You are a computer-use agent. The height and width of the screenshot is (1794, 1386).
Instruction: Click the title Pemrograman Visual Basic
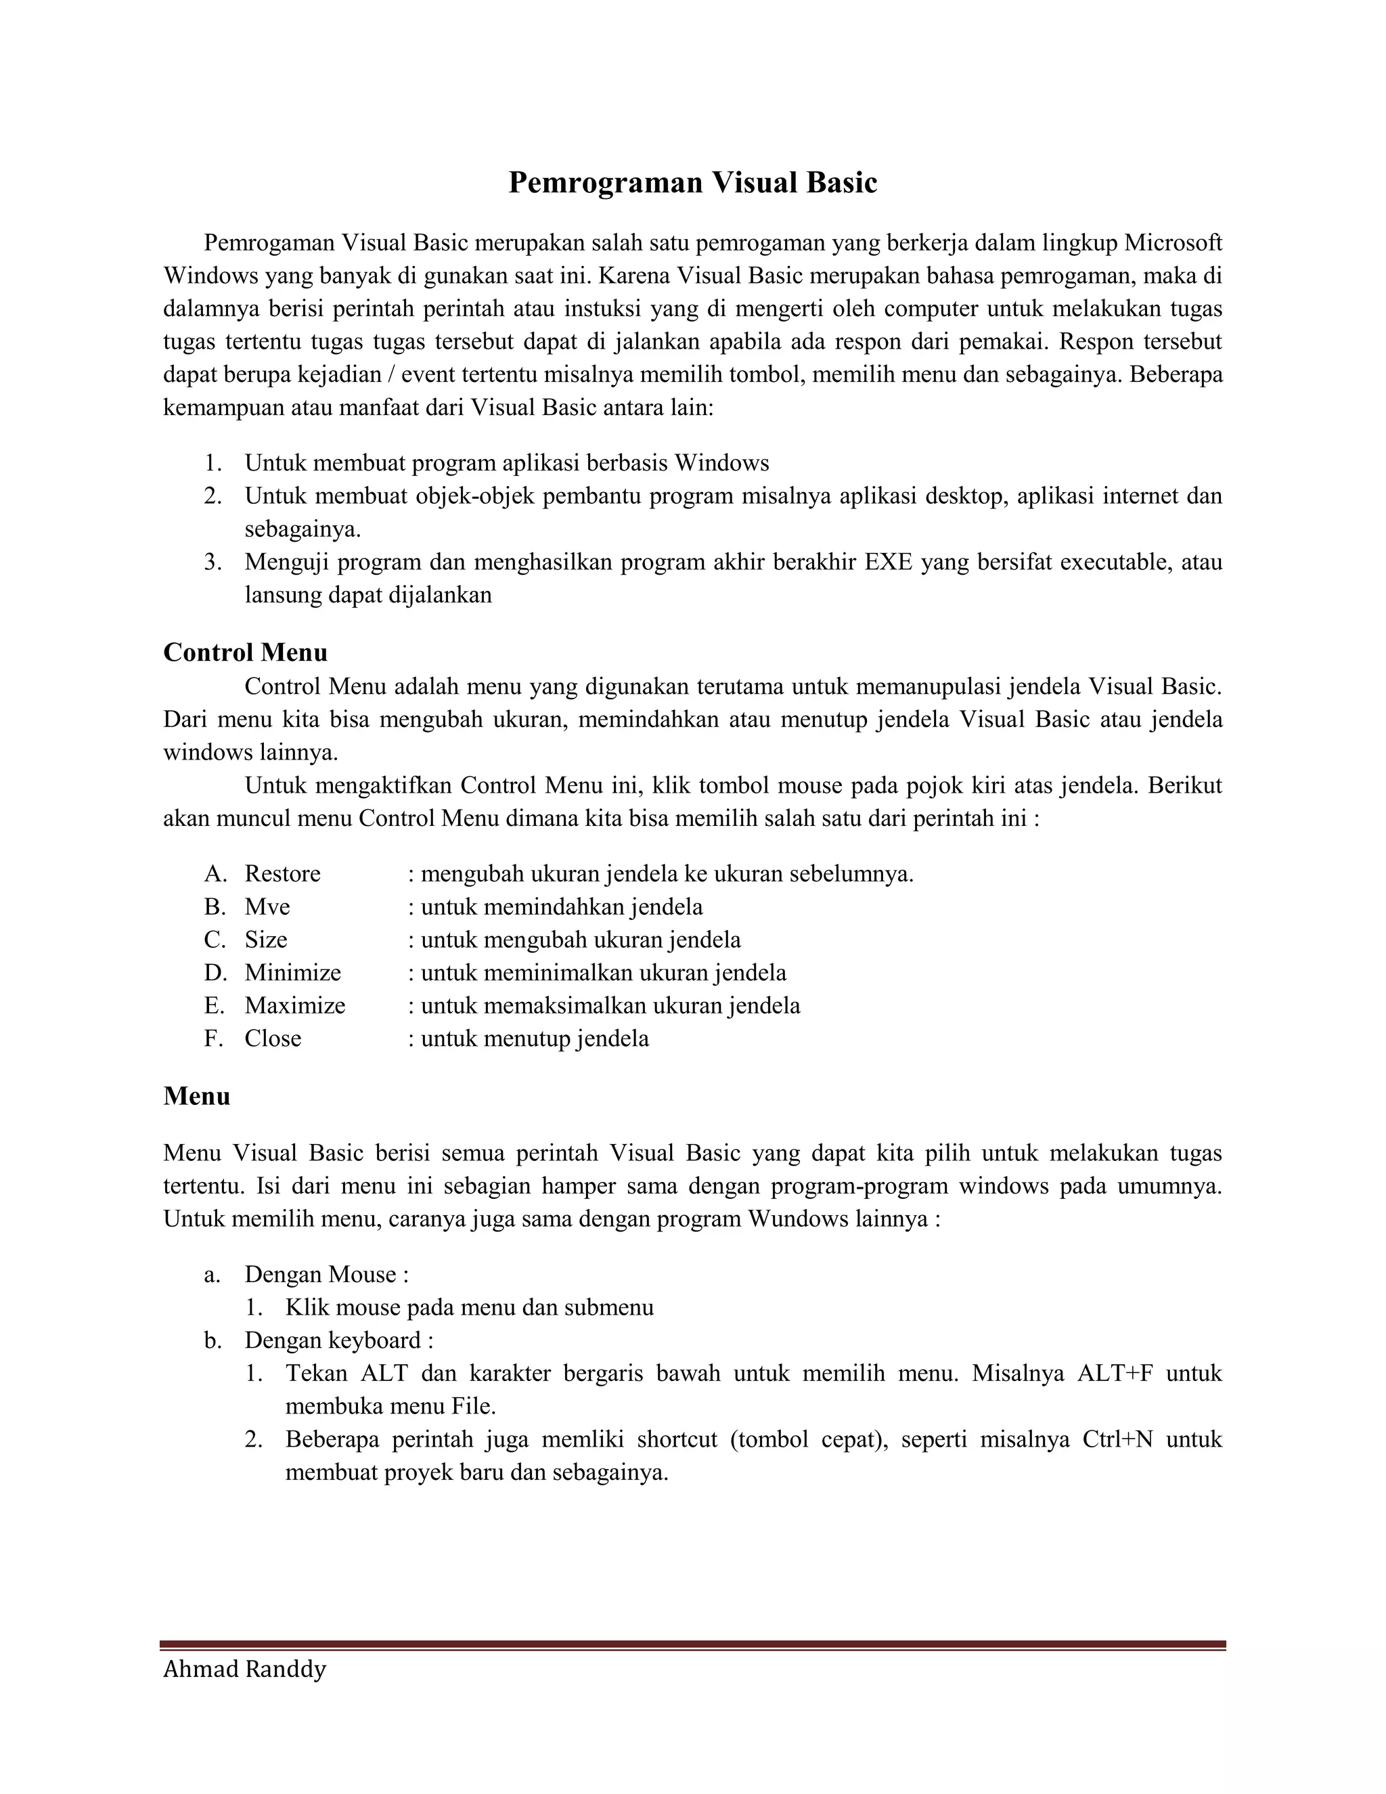click(692, 182)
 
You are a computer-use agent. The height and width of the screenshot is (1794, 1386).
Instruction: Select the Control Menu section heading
click(245, 652)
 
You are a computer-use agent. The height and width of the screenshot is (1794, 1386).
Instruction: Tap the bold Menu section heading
click(196, 1096)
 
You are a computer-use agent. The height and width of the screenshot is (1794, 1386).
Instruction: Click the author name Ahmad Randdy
click(245, 1669)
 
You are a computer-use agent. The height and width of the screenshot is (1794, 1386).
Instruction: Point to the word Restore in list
click(282, 873)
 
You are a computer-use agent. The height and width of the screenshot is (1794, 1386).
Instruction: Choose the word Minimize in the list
click(292, 973)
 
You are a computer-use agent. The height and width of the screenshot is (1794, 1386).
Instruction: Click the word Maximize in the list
click(295, 1005)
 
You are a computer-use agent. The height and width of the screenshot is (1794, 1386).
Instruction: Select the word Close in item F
click(273, 1038)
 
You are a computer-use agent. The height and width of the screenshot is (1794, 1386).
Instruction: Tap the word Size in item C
click(265, 940)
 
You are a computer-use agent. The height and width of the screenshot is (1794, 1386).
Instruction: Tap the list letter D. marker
click(215, 973)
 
